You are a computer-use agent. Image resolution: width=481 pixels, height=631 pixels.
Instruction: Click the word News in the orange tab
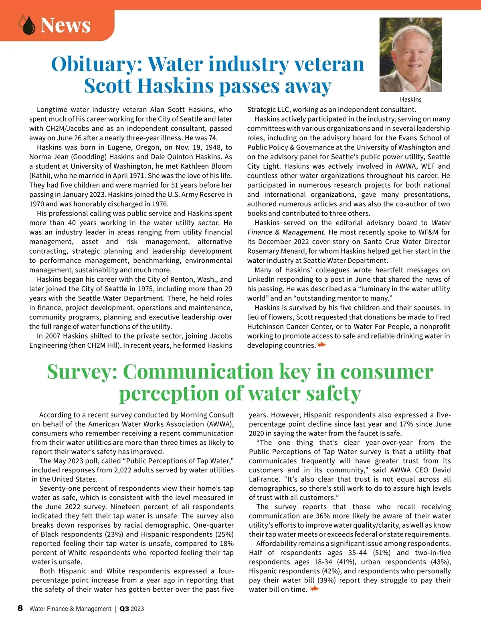tap(65, 25)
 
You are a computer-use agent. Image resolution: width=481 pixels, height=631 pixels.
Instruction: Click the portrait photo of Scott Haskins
tap(410, 54)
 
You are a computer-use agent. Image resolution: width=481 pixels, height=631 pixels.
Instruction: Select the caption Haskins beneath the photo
tap(410, 99)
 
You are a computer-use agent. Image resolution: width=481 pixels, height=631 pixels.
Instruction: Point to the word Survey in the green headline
tap(82, 372)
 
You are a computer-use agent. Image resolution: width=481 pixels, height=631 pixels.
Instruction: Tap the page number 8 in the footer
tap(20, 608)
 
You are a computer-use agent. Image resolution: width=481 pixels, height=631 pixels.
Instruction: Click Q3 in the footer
tap(124, 609)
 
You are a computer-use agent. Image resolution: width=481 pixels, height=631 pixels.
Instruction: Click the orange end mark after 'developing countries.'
tap(321, 345)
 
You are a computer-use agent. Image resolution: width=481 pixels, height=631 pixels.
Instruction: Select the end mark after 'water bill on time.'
tap(315, 589)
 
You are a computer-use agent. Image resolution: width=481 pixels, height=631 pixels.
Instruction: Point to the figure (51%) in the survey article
tap(382, 553)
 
